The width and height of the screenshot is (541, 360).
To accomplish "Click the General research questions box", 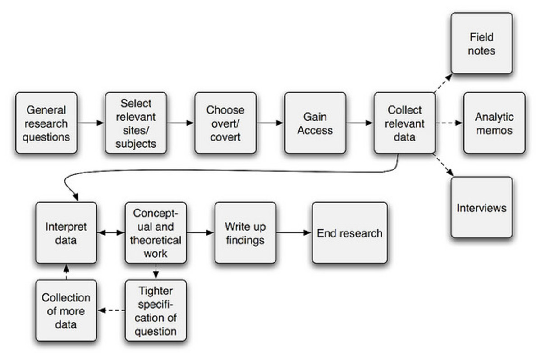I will click(46, 123).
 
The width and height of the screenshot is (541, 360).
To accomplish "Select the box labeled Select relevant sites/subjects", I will click(136, 123).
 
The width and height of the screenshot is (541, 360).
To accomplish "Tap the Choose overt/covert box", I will click(225, 123).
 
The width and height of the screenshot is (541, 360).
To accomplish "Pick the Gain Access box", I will click(315, 123).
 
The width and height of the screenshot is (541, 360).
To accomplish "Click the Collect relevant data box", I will click(404, 123).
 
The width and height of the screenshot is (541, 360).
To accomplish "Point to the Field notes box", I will click(481, 43).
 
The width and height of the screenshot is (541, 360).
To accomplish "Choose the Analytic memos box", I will click(494, 123).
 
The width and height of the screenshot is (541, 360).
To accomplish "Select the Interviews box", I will click(481, 208).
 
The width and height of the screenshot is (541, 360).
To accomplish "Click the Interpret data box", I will click(66, 232).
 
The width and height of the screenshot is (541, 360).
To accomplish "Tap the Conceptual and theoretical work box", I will click(156, 232).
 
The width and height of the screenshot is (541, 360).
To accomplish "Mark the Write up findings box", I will click(245, 232).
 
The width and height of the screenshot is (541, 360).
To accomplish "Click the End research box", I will click(349, 232).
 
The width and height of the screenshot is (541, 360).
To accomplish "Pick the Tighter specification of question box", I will click(156, 310).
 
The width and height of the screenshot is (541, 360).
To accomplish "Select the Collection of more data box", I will click(66, 310).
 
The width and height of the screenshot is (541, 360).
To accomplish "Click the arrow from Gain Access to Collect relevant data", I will click(359, 123).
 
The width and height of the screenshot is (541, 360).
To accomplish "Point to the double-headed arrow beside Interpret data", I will click(111, 232).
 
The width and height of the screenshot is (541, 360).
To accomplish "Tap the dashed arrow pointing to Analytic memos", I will click(449, 123).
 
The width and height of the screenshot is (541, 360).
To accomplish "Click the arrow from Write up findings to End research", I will click(294, 232).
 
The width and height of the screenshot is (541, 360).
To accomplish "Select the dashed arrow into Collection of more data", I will click(111, 310).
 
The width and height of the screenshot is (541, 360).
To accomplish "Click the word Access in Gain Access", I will click(315, 131).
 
